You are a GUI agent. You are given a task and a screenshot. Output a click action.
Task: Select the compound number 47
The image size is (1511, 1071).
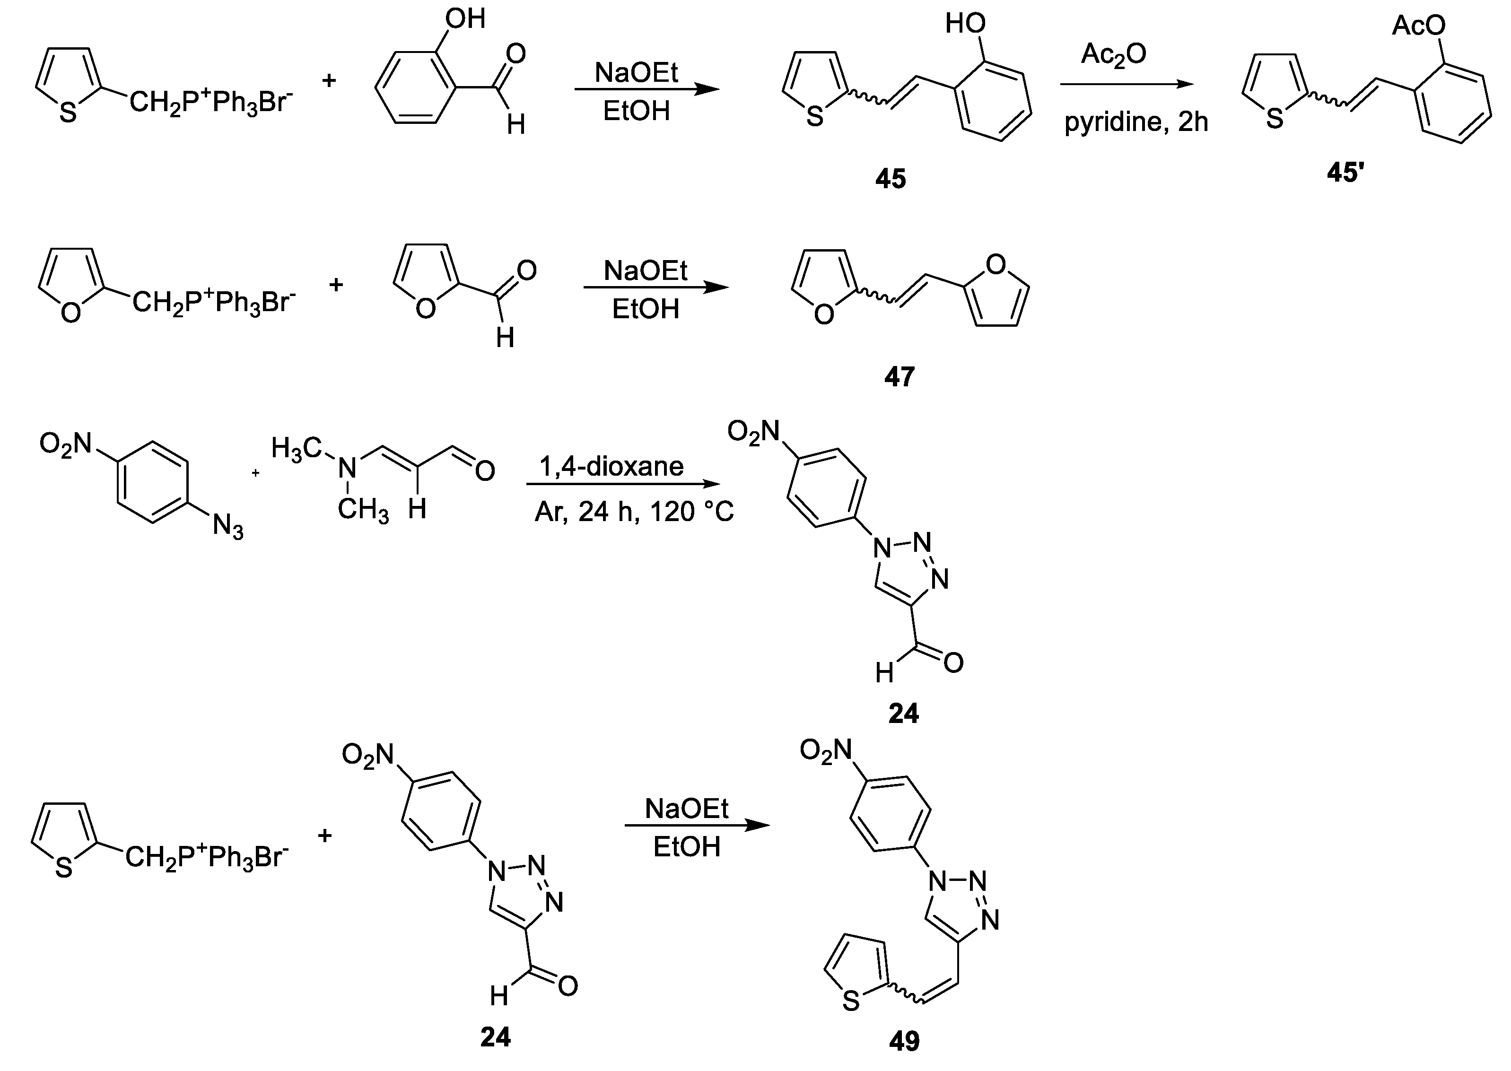tap(900, 376)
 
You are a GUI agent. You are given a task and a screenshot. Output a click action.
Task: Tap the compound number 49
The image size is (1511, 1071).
tap(904, 1041)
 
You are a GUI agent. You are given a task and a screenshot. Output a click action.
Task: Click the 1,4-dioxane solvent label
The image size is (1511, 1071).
tap(611, 467)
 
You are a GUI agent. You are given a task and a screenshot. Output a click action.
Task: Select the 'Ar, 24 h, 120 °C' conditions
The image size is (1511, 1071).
tap(634, 512)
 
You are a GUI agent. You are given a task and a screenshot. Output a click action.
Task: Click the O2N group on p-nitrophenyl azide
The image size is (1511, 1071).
tap(65, 443)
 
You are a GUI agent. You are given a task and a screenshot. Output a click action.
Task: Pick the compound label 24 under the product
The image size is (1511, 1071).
tap(904, 714)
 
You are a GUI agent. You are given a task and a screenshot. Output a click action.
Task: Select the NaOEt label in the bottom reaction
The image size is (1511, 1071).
tap(687, 809)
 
